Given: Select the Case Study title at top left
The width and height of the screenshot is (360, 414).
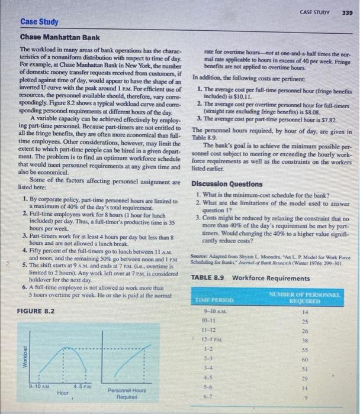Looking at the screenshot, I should click(39, 22).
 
